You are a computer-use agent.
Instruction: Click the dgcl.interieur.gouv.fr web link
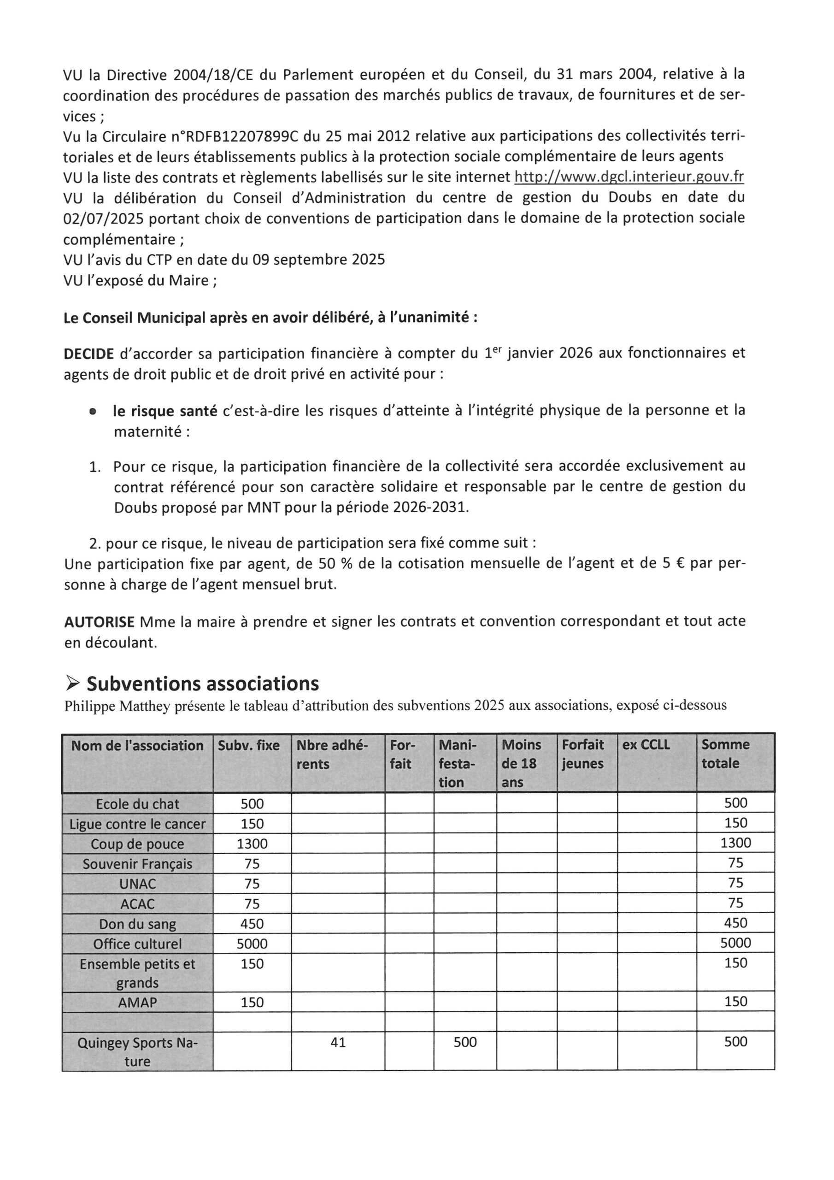click(629, 177)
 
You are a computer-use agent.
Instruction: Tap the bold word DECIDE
click(88, 354)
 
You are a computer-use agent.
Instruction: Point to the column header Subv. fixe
click(249, 745)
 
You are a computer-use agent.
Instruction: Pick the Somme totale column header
click(725, 754)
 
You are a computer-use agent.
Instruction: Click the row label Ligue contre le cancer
click(137, 824)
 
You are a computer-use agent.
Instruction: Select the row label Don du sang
click(137, 924)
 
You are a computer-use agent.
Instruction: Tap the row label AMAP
click(137, 1002)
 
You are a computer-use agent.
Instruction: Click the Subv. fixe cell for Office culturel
click(252, 944)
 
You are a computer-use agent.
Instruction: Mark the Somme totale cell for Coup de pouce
click(735, 843)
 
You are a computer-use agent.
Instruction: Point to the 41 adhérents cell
click(338, 1042)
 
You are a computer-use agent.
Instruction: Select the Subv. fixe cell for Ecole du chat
click(252, 804)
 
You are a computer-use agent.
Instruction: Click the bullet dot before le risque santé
click(93, 412)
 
